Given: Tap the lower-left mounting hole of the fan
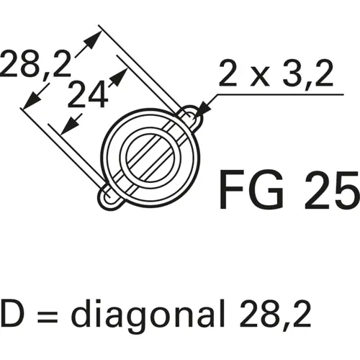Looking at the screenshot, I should (x=109, y=196).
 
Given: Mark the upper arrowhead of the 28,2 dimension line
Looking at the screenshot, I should (x=91, y=37).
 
